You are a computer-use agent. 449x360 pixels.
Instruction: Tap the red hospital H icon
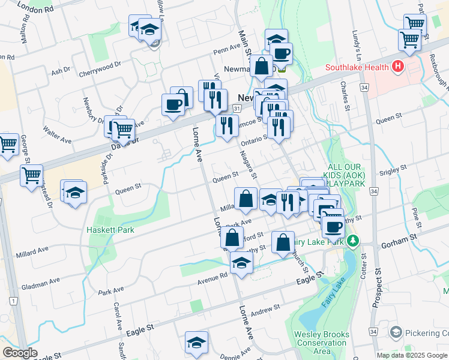point(396,67)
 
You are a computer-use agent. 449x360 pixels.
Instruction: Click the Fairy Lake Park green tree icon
point(354,241)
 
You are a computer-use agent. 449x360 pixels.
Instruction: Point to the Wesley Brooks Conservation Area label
point(321,343)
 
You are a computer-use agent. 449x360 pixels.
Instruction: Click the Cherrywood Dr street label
point(100,68)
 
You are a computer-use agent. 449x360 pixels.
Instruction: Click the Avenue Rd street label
point(213,277)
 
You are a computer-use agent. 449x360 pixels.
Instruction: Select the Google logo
point(20,353)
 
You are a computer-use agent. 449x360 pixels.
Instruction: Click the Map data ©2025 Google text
point(412,355)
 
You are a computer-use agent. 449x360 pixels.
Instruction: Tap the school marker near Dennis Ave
point(196,343)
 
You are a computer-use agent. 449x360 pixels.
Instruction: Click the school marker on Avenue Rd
point(241,263)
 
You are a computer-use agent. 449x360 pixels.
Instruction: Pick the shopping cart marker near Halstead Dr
point(31,176)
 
